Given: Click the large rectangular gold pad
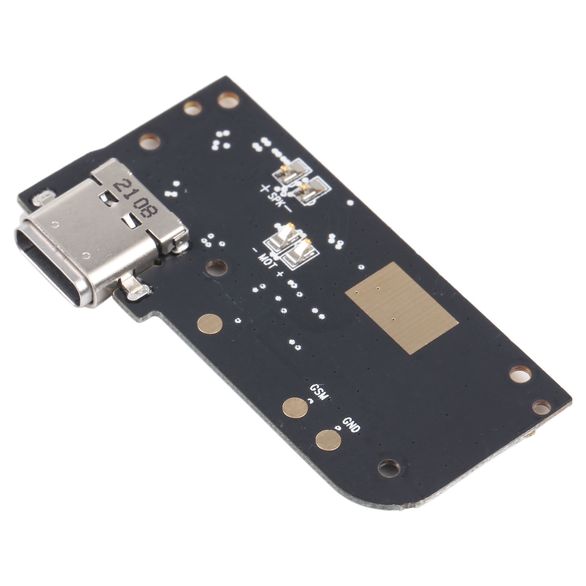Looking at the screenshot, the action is (x=401, y=308).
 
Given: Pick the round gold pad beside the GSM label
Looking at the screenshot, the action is (x=295, y=408).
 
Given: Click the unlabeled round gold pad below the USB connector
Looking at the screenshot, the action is (x=210, y=324).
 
